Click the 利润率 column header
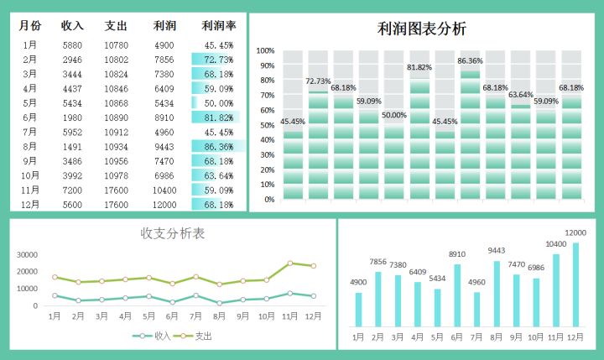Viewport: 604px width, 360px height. pos(219,25)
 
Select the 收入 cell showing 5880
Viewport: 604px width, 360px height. pos(72,45)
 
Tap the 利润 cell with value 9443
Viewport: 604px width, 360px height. pos(164,146)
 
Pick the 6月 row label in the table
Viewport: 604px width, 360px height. pos(29,117)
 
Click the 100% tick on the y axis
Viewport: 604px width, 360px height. pos(265,51)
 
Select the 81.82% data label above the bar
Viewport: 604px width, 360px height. pos(419,67)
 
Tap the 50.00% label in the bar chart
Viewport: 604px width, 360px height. pos(394,115)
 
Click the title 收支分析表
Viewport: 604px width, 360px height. pos(173,233)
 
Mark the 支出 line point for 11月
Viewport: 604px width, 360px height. pos(290,263)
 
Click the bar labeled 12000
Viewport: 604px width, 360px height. pos(575,284)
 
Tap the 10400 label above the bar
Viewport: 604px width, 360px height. pos(555,244)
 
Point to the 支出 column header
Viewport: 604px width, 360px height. pos(117,25)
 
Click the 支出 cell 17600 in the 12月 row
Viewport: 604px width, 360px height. pos(117,205)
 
